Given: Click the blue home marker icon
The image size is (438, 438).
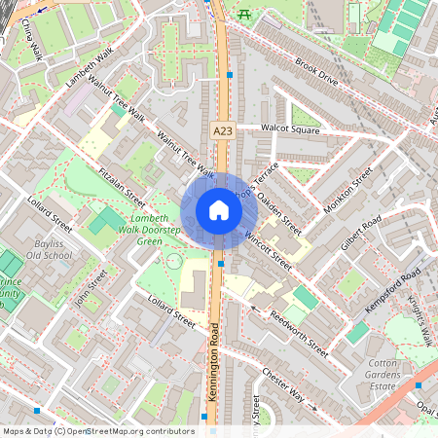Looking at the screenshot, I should [x=219, y=210].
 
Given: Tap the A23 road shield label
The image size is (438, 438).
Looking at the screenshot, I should [x=223, y=128].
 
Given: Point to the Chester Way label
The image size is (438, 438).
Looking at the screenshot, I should [x=283, y=387].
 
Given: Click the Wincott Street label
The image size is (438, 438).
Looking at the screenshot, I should [x=268, y=250].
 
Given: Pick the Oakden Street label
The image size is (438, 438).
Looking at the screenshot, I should [x=281, y=211].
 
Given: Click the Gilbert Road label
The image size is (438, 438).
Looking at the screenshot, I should [x=359, y=239].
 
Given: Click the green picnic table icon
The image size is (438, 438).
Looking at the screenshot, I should [x=243, y=13].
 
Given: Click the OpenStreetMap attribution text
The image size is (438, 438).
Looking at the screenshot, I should [x=98, y=430].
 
